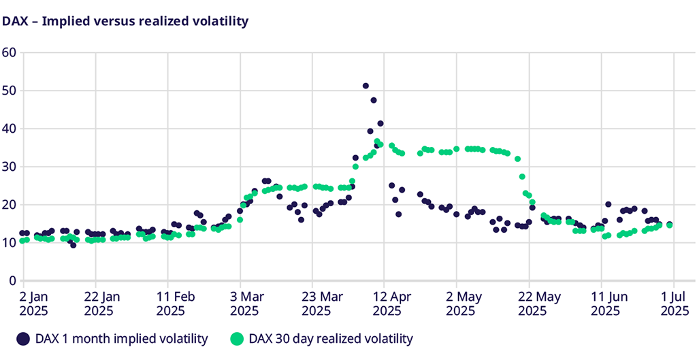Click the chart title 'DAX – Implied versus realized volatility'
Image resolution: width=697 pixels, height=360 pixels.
click(125, 21)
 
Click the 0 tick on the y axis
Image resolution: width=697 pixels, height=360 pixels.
click(12, 281)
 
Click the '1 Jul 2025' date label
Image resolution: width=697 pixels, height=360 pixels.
click(673, 304)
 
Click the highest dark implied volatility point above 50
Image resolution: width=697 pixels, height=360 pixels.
click(366, 86)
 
